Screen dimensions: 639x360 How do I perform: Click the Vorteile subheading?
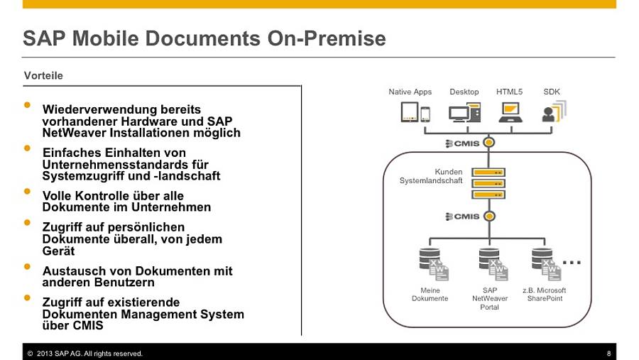click(43, 75)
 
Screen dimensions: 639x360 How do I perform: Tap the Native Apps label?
click(410, 92)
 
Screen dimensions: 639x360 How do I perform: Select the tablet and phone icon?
click(415, 112)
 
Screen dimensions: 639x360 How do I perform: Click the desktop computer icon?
click(464, 112)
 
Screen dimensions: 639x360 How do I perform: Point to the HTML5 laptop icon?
click(510, 112)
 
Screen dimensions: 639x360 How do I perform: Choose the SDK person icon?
click(555, 111)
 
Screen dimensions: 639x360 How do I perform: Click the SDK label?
click(552, 92)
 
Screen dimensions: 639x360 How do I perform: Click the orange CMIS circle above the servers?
click(488, 143)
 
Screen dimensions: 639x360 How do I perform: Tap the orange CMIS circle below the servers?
click(489, 216)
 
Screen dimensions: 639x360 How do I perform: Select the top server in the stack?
click(488, 173)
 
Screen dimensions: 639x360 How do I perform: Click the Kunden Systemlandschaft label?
click(431, 176)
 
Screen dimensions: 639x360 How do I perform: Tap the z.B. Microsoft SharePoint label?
click(545, 295)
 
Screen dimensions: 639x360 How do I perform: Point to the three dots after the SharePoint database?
click(572, 262)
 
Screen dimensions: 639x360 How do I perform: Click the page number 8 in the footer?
click(609, 354)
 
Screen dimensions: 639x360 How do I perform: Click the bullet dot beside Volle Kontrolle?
click(27, 191)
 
